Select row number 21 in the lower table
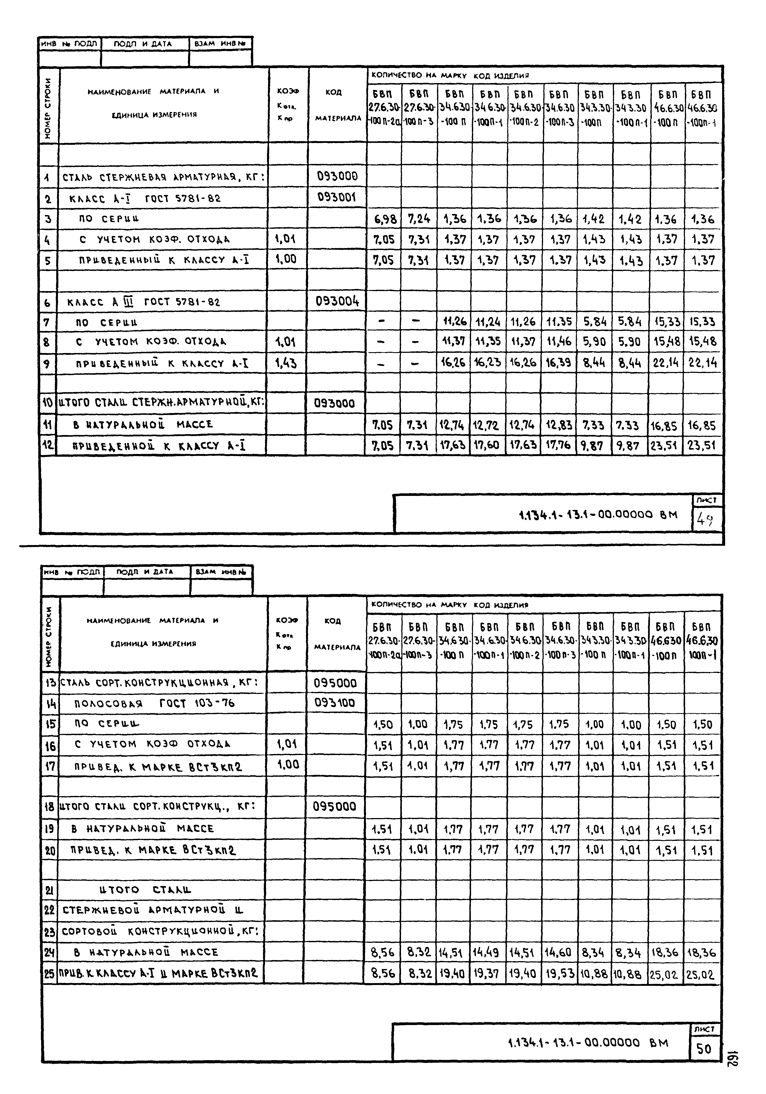[50, 890]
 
